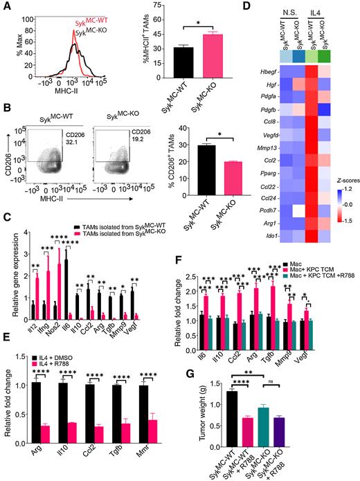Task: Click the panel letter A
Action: coord(6,7)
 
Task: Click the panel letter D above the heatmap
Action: coord(229,7)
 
